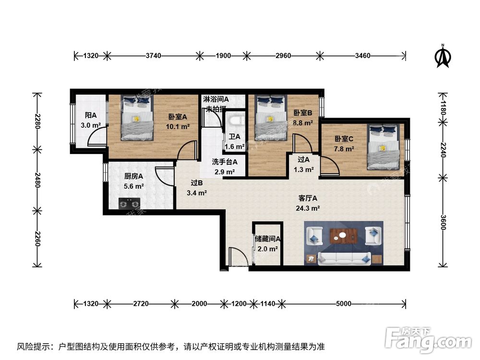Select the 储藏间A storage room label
[267, 239]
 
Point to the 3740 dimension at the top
[154, 56]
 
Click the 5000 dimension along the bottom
[344, 303]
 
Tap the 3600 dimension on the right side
[443, 222]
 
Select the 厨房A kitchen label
[127, 176]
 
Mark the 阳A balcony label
[91, 115]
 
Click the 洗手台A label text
[225, 162]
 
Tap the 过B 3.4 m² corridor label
[196, 188]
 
